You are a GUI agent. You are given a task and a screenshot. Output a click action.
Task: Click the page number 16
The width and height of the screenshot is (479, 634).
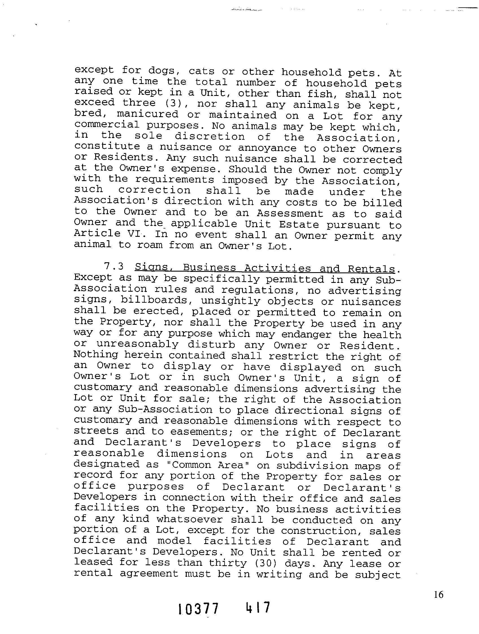coord(438,595)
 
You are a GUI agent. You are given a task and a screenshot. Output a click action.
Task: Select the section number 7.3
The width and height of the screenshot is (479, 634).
coord(114,267)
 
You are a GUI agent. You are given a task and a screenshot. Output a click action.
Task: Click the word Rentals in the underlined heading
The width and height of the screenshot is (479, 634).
coord(371,269)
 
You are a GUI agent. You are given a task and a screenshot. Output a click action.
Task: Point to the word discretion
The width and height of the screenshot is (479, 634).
coord(210,137)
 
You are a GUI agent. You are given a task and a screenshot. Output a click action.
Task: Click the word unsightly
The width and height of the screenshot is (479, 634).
coord(231,301)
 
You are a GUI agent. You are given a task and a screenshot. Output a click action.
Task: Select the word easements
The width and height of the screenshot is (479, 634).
coord(201,432)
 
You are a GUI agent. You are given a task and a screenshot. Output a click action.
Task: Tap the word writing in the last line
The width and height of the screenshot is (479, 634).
coord(279,574)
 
